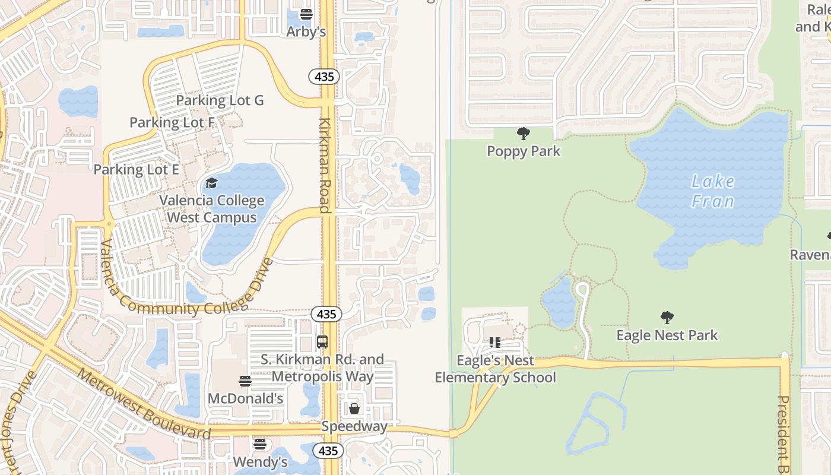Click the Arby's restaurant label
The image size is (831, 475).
pos(306,31)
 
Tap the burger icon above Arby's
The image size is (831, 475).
pos(306,14)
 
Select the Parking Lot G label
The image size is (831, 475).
pos(220,100)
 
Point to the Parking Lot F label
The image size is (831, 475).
pos(172,123)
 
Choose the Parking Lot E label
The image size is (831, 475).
pos(136,169)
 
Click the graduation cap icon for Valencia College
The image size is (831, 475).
pos(211,183)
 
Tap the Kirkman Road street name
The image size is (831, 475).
pos(325,164)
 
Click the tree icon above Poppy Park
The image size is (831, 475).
pos(523,134)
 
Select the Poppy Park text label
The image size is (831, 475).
pos(524,151)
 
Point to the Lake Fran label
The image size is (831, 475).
pos(713,191)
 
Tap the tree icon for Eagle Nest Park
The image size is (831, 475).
pos(667,318)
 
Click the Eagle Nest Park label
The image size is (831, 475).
pos(667,335)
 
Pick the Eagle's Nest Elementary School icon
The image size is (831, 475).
pos(495,343)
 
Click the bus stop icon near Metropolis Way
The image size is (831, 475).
pos(322,342)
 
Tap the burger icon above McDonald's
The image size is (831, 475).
pos(245,381)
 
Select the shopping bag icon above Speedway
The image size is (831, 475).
pos(354,408)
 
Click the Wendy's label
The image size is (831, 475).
pos(260,461)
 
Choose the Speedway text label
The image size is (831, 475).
pos(354,426)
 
